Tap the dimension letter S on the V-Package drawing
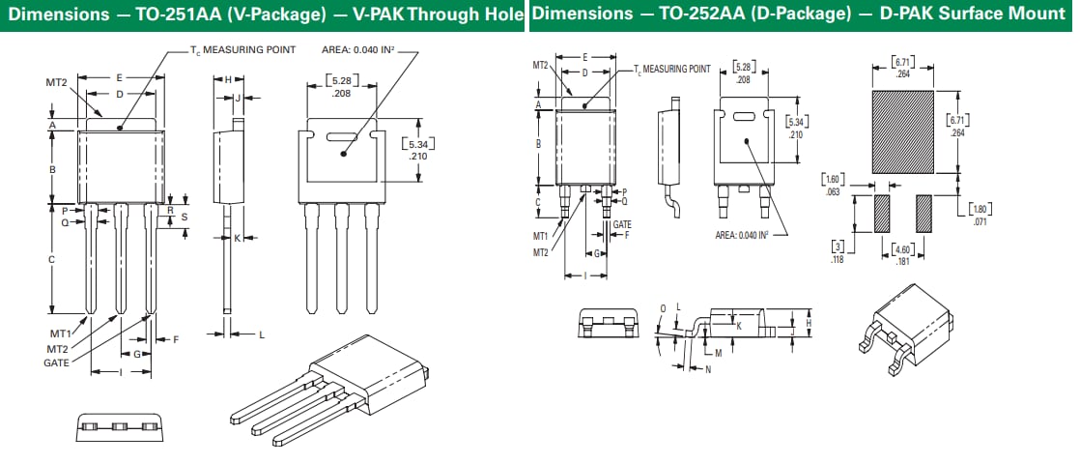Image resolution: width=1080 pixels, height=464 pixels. [x=185, y=217]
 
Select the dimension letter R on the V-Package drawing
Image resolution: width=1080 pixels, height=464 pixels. [x=170, y=209]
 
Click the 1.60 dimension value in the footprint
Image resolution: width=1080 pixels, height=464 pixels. [x=832, y=180]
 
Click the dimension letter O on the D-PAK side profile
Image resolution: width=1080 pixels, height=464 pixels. [x=663, y=307]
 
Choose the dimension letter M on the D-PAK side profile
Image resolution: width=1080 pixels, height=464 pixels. [x=718, y=353]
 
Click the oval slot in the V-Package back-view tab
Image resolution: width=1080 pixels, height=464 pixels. [x=342, y=135]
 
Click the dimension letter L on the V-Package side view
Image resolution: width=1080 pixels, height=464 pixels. [x=261, y=334]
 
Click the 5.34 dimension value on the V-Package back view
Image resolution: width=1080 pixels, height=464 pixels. [x=417, y=145]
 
